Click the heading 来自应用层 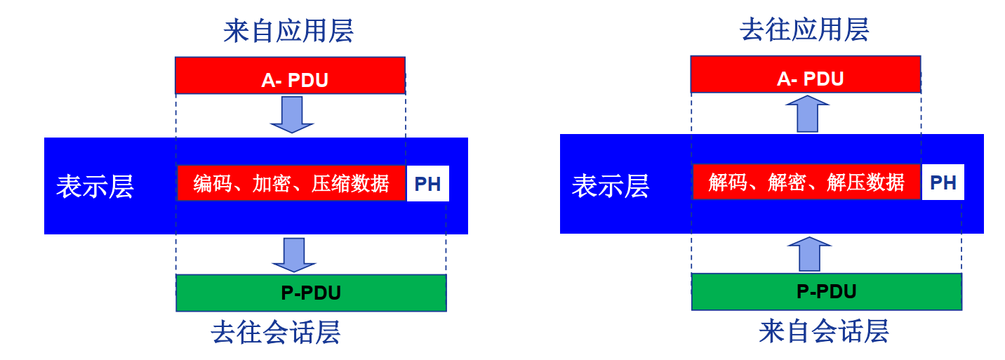(x=288, y=31)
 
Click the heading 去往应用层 (x=804, y=30)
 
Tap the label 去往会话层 (x=276, y=333)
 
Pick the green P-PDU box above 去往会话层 (x=311, y=293)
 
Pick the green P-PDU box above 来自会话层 (x=827, y=292)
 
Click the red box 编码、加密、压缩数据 (x=291, y=183)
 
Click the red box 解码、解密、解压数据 (x=806, y=182)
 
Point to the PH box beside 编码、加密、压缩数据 (x=427, y=184)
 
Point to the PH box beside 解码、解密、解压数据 (x=943, y=182)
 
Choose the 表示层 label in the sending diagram (x=95, y=187)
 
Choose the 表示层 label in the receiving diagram (x=611, y=186)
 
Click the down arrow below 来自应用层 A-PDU (x=291, y=114)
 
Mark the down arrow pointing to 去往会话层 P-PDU (x=293, y=255)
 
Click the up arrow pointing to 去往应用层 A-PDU (x=808, y=114)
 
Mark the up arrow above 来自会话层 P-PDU (x=809, y=254)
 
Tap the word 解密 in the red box (x=806, y=182)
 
